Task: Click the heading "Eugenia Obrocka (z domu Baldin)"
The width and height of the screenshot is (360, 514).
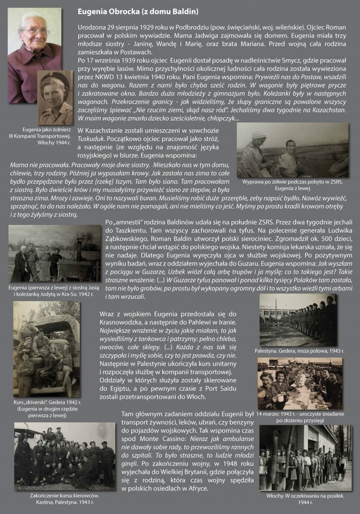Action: pos(138,11)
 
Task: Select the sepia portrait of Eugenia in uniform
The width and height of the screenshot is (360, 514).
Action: pos(55,98)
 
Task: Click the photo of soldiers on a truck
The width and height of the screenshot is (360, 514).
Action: pos(46,349)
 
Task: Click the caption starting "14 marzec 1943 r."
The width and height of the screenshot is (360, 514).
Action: pos(303,414)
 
